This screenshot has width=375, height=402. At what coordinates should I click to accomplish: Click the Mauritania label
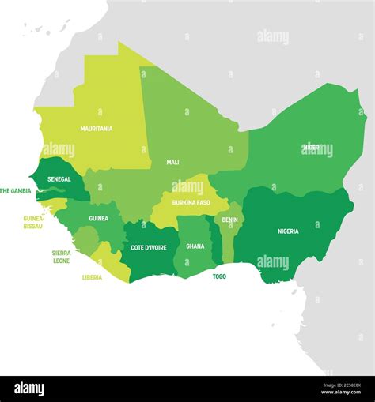click(96, 129)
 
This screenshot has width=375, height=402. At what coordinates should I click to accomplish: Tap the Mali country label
click(172, 163)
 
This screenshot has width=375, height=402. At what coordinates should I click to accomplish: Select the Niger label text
click(312, 148)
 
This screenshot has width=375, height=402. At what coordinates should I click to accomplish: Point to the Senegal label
click(59, 179)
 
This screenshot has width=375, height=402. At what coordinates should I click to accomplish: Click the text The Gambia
click(15, 191)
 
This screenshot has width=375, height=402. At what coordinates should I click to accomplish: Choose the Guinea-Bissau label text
click(34, 222)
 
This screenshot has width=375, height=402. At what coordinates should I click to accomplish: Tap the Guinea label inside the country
click(98, 219)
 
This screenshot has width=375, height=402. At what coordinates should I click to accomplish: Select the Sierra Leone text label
click(62, 257)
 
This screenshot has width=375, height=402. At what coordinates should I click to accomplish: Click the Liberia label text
click(92, 277)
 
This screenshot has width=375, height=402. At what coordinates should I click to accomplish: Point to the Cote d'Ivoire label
click(149, 247)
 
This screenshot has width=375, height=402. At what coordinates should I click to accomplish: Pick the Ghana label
click(195, 246)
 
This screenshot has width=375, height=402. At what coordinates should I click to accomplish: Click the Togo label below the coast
click(219, 277)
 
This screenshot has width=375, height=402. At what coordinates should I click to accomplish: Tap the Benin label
click(230, 220)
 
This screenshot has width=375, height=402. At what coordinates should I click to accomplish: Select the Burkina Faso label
click(191, 202)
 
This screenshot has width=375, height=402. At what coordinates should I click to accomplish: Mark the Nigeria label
click(288, 231)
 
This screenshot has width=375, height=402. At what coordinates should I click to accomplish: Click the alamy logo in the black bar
click(29, 389)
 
